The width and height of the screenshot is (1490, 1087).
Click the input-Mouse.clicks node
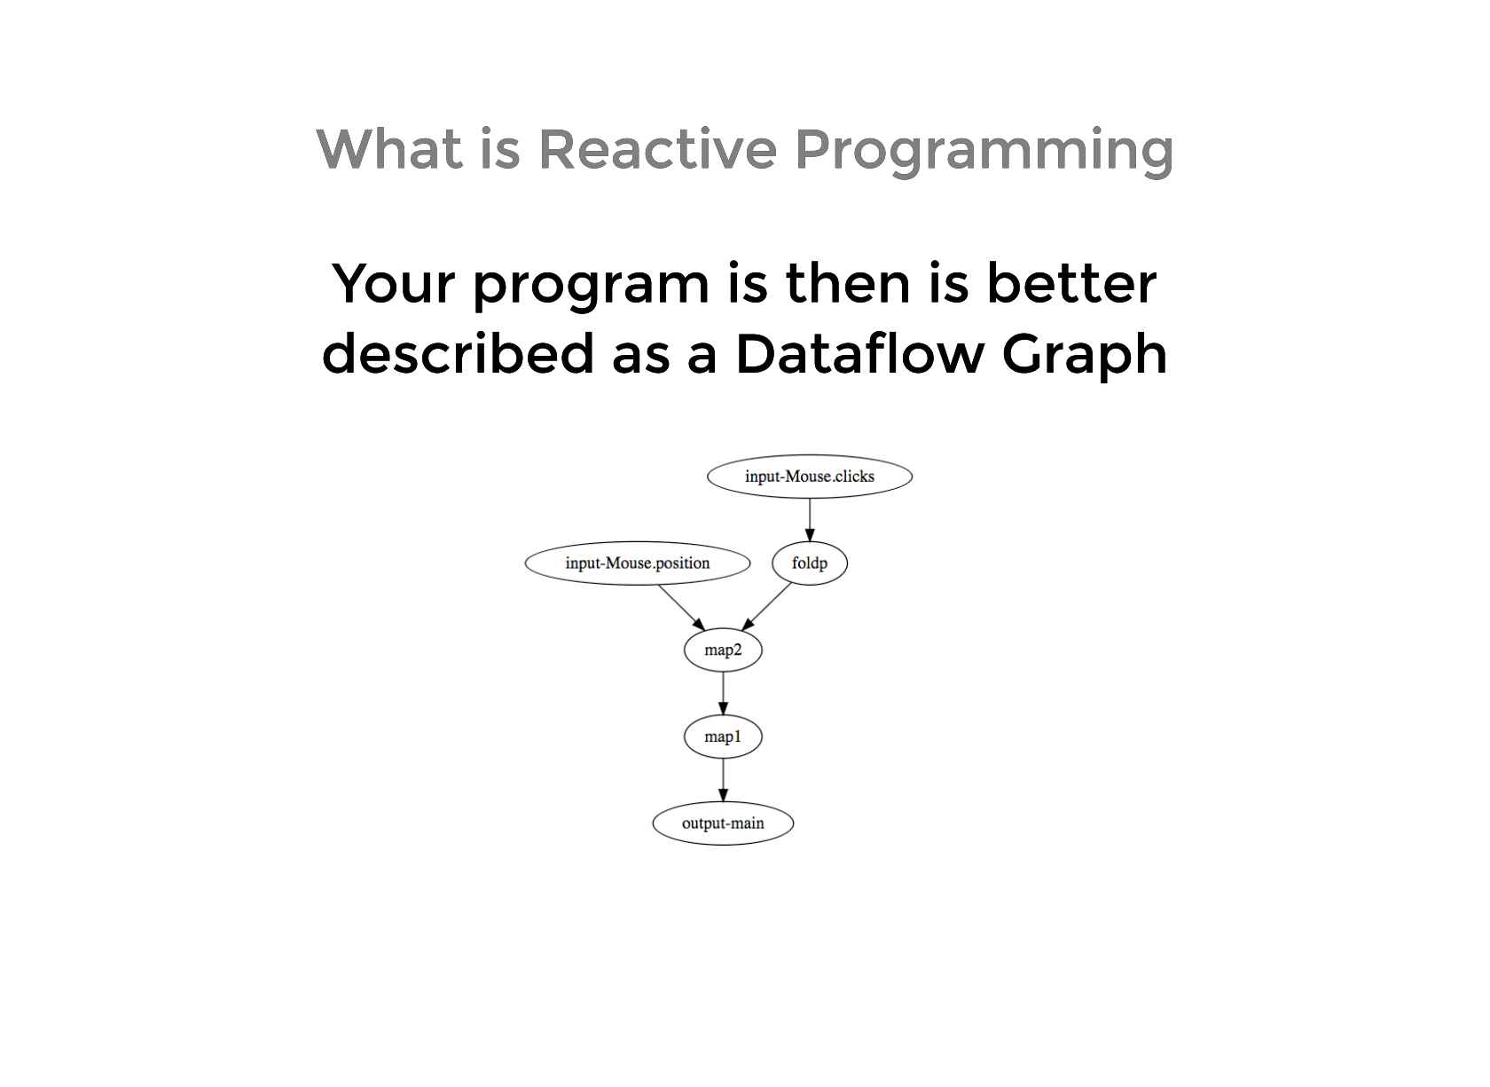[x=810, y=477]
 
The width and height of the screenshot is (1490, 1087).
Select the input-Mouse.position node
[x=637, y=563]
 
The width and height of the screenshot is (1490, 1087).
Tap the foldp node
[x=810, y=563]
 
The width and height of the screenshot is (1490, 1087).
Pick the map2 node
[x=723, y=650]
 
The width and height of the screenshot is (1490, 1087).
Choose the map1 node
[x=723, y=736]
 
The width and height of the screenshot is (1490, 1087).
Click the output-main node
[x=723, y=823]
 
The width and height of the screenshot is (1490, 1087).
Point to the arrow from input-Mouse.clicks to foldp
[x=810, y=520]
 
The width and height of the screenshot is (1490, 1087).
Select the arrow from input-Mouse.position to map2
[x=681, y=608]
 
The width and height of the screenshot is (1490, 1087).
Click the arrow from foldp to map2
[x=766, y=606]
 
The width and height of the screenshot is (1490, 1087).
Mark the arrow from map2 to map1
[x=723, y=694]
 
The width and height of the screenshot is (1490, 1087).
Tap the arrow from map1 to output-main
[x=723, y=780]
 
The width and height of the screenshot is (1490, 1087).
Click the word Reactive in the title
[x=657, y=149]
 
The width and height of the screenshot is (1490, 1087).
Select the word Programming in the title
[x=984, y=153]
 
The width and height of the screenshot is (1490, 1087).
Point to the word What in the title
[x=389, y=148]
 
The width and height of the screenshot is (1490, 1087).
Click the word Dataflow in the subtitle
[x=859, y=353]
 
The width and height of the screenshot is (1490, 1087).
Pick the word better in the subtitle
[x=1071, y=283]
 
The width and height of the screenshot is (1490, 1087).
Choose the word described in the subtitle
[x=459, y=353]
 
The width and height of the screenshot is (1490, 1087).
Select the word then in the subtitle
[x=848, y=283]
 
